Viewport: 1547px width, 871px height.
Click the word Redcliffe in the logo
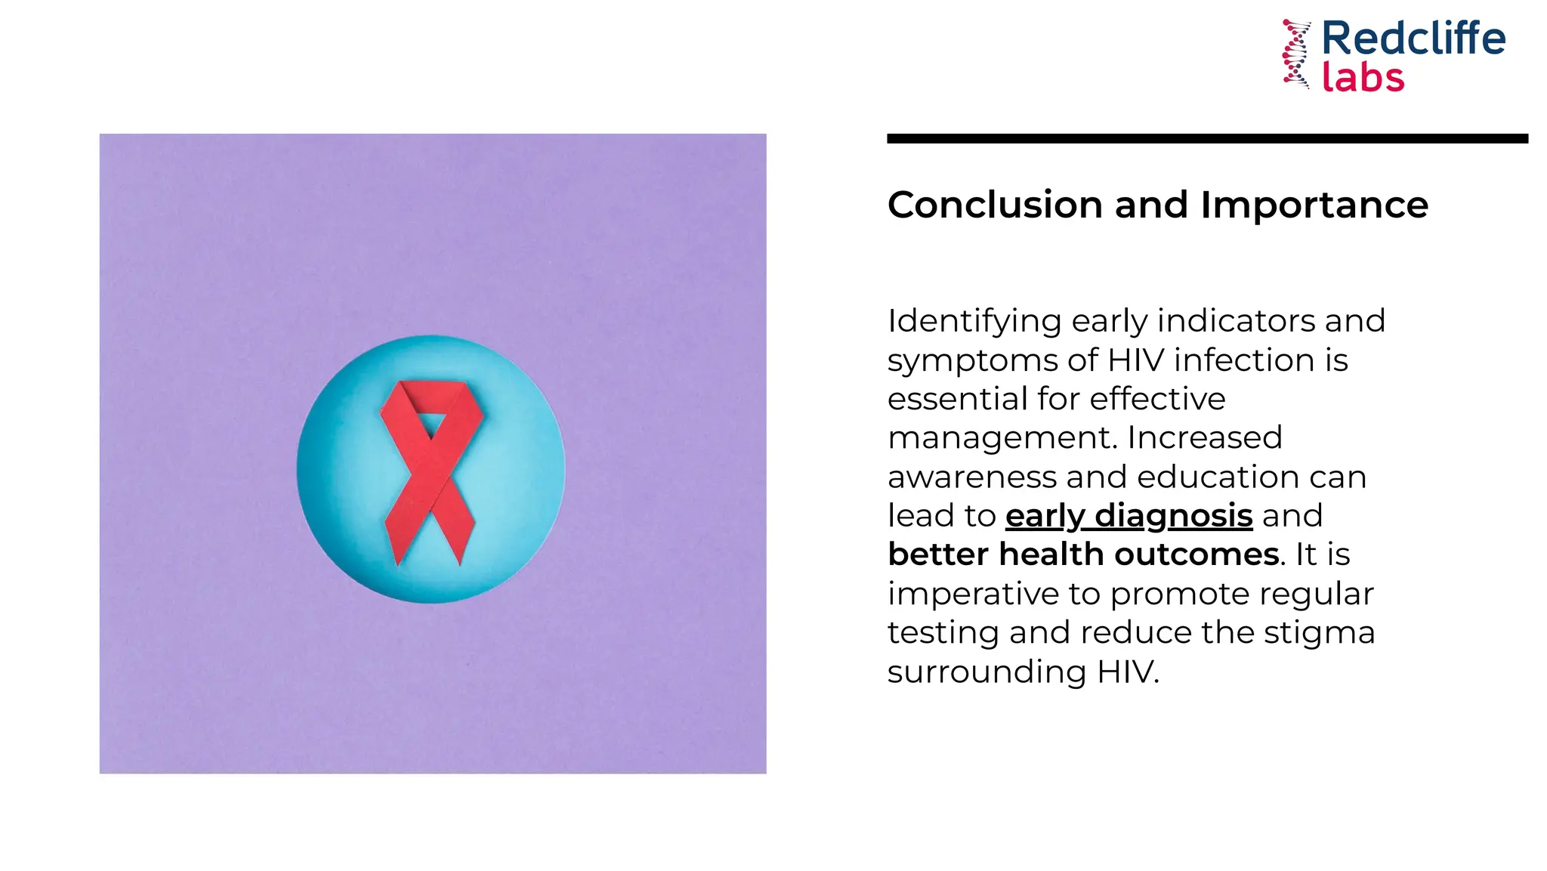(x=1413, y=39)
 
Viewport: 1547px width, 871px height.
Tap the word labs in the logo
(x=1363, y=77)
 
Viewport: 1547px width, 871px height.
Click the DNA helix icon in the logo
(x=1297, y=54)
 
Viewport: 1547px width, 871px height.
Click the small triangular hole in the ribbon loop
(x=432, y=424)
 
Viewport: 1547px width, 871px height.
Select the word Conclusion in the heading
(x=995, y=205)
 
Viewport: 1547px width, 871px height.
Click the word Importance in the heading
(x=1314, y=205)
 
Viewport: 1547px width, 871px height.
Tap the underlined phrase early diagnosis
(x=1129, y=516)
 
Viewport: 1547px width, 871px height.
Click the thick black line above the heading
(x=1207, y=139)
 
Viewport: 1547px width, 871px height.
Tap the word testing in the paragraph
(x=943, y=633)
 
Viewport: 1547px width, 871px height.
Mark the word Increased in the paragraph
(x=1205, y=438)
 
